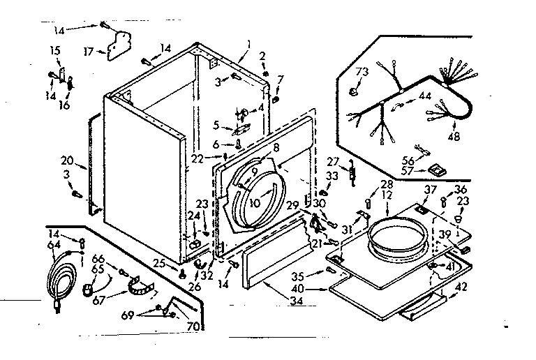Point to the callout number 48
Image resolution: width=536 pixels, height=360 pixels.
pyautogui.click(x=454, y=137)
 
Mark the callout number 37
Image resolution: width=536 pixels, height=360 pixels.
pyautogui.click(x=431, y=189)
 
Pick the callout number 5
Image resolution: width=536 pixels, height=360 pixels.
pyautogui.click(x=216, y=126)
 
